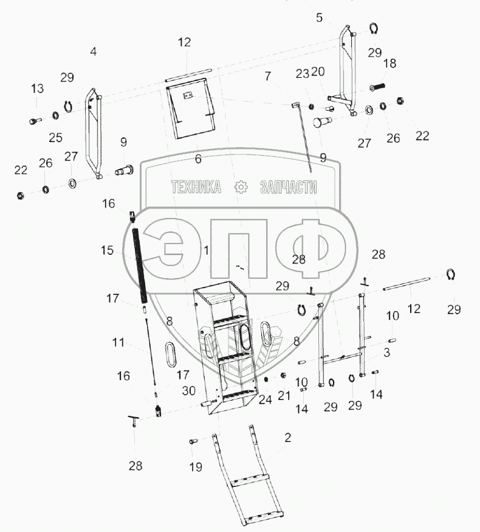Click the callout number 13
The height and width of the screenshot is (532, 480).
(x=37, y=89)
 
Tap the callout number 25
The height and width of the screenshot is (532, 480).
(x=55, y=137)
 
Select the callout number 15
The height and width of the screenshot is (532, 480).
(x=107, y=250)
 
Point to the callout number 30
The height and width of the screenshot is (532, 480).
(x=189, y=390)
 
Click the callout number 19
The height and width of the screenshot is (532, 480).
(x=196, y=467)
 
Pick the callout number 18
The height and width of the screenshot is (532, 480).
(x=389, y=63)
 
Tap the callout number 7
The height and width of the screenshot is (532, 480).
(x=268, y=76)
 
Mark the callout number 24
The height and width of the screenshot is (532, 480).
(x=265, y=399)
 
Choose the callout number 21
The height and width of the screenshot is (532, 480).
(x=284, y=395)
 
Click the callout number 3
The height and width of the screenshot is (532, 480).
(x=387, y=353)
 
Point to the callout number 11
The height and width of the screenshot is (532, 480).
(x=118, y=342)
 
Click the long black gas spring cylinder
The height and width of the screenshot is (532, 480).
(x=140, y=265)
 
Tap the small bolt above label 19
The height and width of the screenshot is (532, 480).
(x=193, y=441)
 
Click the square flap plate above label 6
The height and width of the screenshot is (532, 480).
(x=191, y=108)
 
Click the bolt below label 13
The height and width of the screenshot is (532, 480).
(x=35, y=120)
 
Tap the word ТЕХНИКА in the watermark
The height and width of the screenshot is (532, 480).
(x=196, y=187)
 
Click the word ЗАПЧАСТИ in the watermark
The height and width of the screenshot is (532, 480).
(x=289, y=187)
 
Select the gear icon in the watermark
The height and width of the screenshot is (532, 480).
(x=241, y=187)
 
